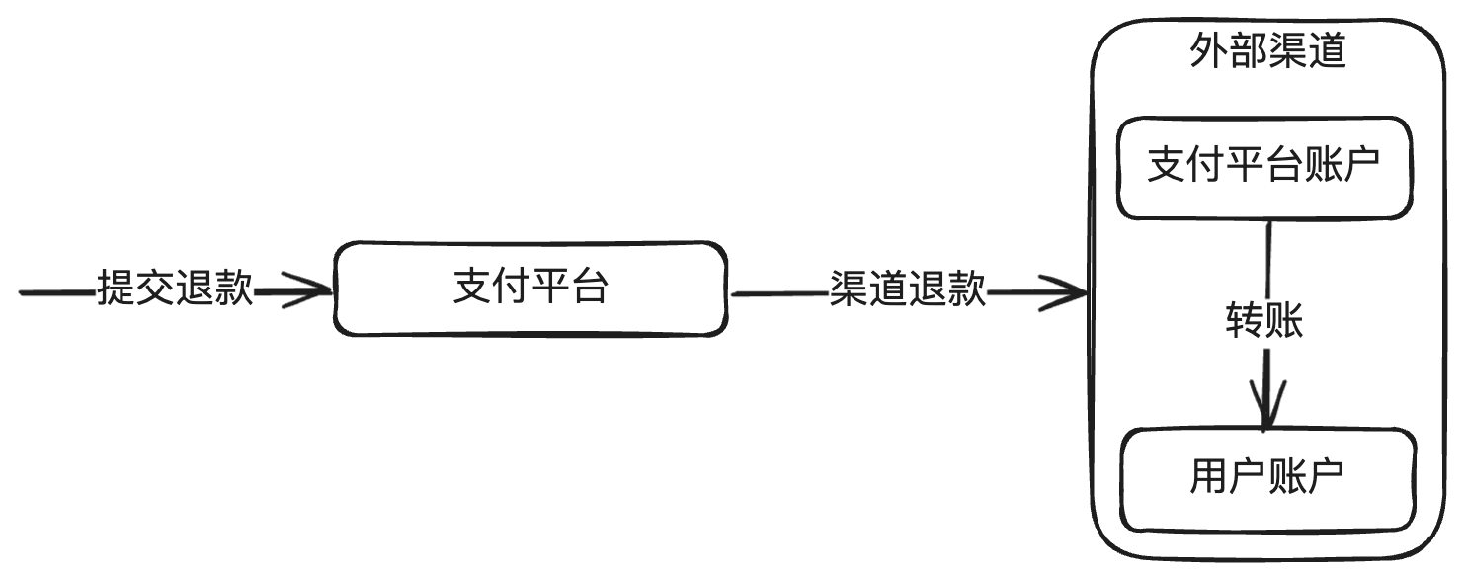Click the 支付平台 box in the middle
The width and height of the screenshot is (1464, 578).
point(530,289)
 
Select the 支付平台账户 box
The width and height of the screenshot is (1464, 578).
point(1263,168)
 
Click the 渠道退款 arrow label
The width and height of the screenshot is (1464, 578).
point(907,290)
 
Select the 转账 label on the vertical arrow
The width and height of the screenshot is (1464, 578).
point(1264,321)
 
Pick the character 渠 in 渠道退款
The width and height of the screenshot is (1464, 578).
point(849,290)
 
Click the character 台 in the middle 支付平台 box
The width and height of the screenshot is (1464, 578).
point(589,289)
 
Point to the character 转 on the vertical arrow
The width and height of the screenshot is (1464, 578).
point(1245,321)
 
